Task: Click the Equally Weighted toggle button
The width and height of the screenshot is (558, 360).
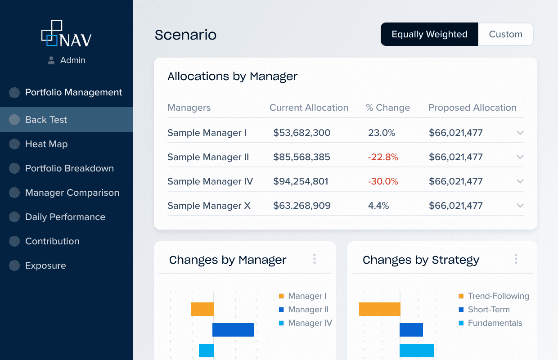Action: coord(429,35)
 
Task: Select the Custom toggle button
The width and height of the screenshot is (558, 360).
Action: coord(505,35)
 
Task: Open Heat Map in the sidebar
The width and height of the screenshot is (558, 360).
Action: coord(46,144)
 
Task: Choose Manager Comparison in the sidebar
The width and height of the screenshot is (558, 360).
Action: coord(72,193)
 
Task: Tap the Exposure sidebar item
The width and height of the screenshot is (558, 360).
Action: coord(45,265)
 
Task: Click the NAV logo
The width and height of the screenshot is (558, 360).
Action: coord(67,34)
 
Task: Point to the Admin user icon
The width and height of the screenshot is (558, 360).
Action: coord(51,60)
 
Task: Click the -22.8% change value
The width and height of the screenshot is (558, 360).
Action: coord(383,157)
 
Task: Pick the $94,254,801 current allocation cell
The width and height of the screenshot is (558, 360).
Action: coord(301,181)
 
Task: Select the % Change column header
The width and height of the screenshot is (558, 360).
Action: coord(388,108)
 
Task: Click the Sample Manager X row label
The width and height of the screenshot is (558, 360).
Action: coord(209,206)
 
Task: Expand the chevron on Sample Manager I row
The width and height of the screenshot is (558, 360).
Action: coord(520,133)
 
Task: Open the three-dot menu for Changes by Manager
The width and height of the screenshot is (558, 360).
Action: coord(315,259)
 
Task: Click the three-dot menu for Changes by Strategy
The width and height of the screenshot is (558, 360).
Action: coord(516,259)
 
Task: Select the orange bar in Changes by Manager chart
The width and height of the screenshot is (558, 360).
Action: coord(202,309)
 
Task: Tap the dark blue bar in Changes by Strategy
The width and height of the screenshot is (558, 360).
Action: coord(411,330)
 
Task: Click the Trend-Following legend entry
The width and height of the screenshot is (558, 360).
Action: coord(498,296)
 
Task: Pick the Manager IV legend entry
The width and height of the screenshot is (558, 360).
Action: coord(310,323)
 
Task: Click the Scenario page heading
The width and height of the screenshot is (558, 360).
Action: coord(185,35)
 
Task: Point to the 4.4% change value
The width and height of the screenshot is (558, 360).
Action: coord(378,206)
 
